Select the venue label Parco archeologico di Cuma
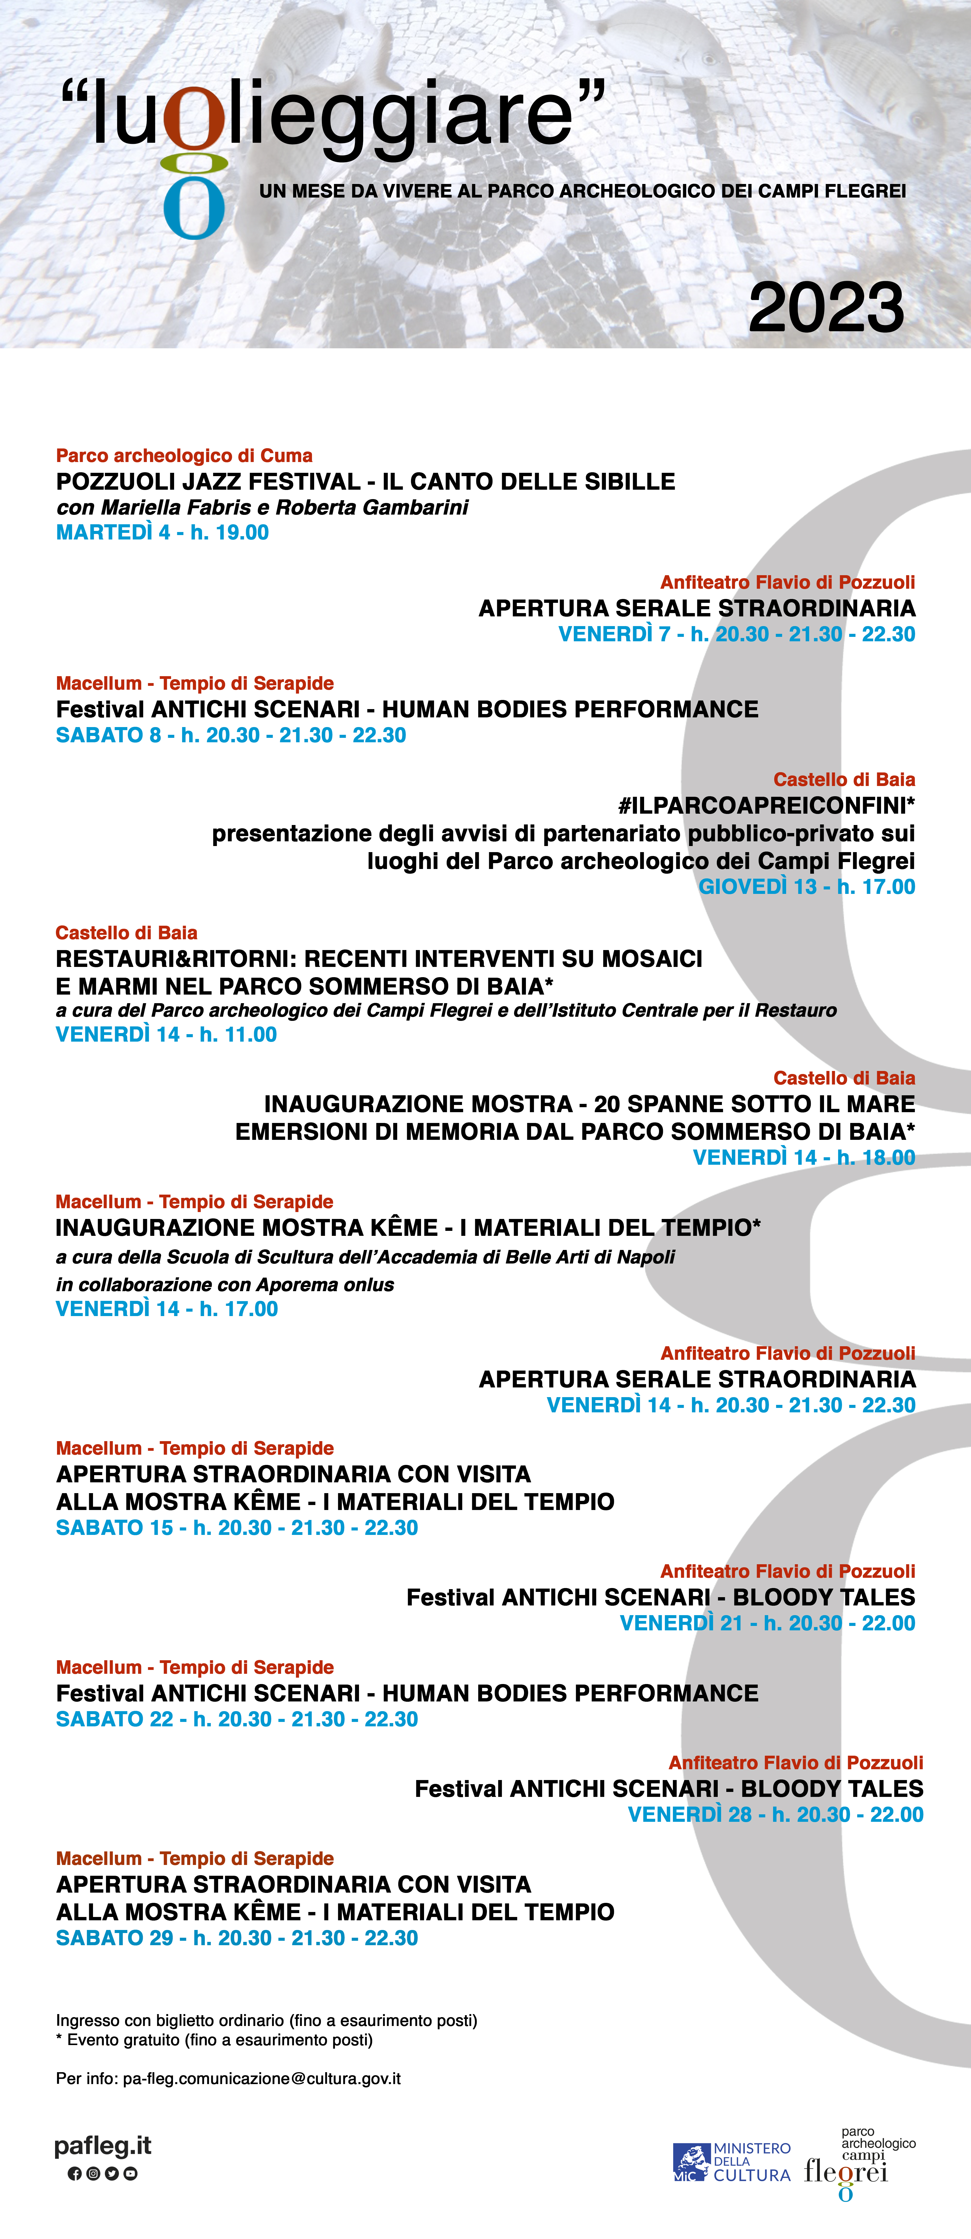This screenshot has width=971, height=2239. coord(184,455)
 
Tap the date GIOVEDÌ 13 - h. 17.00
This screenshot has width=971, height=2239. coord(807,887)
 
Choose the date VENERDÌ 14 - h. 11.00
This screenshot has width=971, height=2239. coord(166,1034)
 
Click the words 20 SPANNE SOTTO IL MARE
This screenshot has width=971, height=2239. coord(754,1104)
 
